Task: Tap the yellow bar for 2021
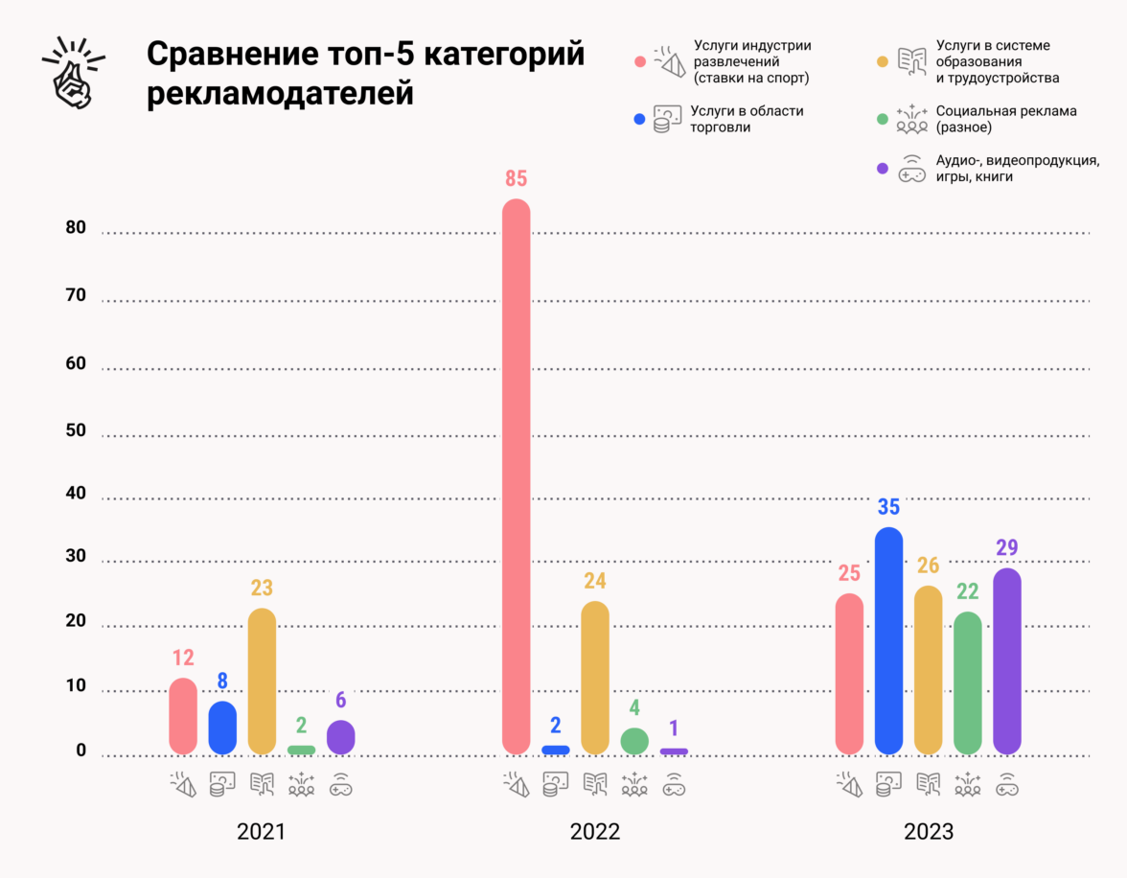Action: pyautogui.click(x=262, y=681)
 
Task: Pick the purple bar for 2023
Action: pyautogui.click(x=1007, y=660)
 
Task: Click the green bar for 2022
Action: pyautogui.click(x=634, y=741)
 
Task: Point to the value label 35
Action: pyautogui.click(x=889, y=508)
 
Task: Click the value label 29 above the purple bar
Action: pyautogui.click(x=1006, y=548)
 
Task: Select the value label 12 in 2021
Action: pyautogui.click(x=183, y=658)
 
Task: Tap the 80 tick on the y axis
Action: pyautogui.click(x=76, y=229)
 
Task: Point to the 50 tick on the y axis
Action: pyautogui.click(x=76, y=431)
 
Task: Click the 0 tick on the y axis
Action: pyautogui.click(x=81, y=751)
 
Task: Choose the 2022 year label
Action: pyautogui.click(x=595, y=831)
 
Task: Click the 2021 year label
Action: pyautogui.click(x=262, y=831)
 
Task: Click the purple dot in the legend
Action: pyautogui.click(x=883, y=169)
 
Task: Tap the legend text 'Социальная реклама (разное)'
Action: pyautogui.click(x=1006, y=119)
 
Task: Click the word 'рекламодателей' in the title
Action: pyautogui.click(x=280, y=96)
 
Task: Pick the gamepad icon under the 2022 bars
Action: pyautogui.click(x=674, y=786)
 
